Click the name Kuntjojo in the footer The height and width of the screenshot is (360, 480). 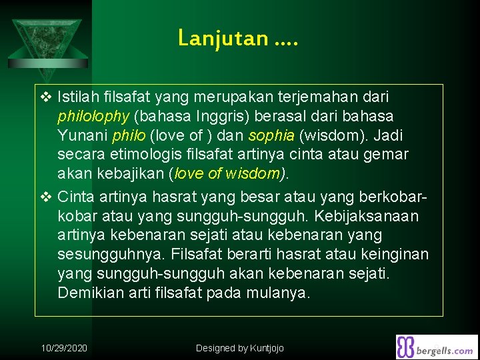pos(268,348)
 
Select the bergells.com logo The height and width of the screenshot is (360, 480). pos(437,347)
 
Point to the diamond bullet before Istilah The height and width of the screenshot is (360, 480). pos(45,97)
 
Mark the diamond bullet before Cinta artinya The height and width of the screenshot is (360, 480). pos(45,197)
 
